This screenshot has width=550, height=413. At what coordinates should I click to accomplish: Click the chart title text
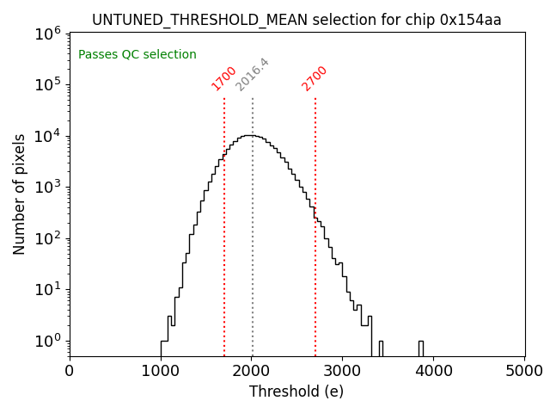(296, 19)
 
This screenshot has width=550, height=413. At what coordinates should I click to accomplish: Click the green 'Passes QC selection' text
(137, 54)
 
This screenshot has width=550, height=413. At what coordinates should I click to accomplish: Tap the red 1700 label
(223, 77)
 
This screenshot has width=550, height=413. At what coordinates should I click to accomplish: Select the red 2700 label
(315, 77)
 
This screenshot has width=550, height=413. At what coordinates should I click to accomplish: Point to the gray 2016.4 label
(252, 75)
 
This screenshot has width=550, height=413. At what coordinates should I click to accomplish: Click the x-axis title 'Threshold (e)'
(296, 391)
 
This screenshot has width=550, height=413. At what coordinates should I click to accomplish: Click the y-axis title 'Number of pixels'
(19, 194)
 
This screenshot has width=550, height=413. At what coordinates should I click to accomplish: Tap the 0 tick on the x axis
(70, 371)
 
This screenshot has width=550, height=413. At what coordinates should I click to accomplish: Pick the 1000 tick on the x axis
(161, 371)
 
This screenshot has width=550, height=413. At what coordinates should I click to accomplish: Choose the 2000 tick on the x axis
(252, 371)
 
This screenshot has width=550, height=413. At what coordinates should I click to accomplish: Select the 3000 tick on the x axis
(343, 371)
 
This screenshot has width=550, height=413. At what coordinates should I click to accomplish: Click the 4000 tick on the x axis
(434, 371)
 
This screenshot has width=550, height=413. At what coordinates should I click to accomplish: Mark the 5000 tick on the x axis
(525, 371)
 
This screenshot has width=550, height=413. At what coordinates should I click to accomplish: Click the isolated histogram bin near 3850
(421, 347)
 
